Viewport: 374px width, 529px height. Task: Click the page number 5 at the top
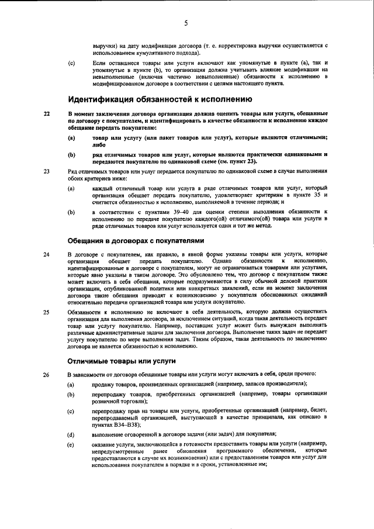pyautogui.click(x=186, y=23)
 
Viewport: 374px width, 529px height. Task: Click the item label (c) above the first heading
pyautogui.click(x=71, y=61)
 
